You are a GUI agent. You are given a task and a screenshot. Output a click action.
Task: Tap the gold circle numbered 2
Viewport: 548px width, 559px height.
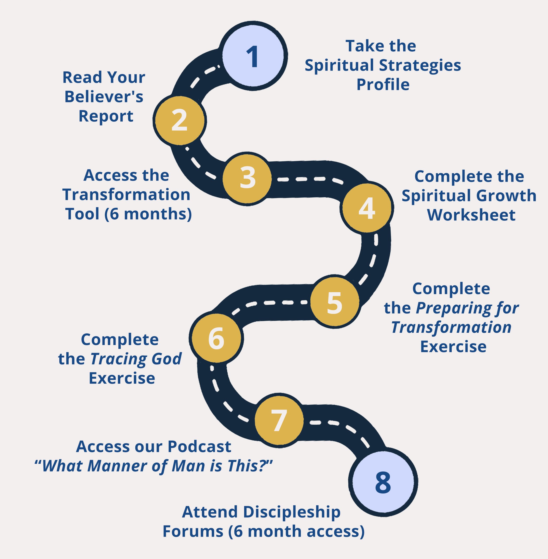coord(180,120)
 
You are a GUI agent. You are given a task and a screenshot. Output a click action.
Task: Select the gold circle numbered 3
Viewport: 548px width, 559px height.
coord(247,178)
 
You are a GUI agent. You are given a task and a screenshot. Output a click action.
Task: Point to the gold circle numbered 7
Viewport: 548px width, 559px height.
coord(279,420)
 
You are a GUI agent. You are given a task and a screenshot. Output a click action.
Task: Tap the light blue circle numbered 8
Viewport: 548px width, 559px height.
coord(383,482)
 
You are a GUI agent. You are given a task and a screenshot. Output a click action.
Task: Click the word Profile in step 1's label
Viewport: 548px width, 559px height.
coord(383,85)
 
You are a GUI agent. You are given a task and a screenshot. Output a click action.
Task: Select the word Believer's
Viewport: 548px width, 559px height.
coord(104,97)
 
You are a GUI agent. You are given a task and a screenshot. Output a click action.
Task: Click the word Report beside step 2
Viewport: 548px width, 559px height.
coord(106,116)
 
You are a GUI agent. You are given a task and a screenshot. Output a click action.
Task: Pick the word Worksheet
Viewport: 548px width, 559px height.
coord(471,215)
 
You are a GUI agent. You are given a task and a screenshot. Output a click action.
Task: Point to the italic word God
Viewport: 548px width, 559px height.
coord(166,359)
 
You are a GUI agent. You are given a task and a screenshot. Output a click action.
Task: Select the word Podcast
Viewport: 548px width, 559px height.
coord(199,447)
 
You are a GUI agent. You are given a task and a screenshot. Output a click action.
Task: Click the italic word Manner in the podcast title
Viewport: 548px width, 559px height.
coord(117,466)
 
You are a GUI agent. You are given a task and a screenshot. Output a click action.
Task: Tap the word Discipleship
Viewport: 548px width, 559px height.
coord(292,512)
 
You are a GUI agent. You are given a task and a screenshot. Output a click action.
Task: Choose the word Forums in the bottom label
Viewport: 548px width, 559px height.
coord(193,531)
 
